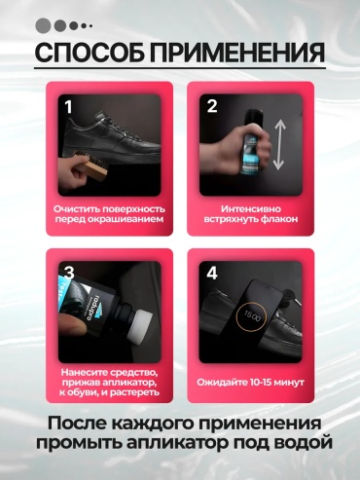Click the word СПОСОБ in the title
coord(90,52)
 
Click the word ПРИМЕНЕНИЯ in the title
coord(237,52)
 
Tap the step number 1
coord(68,107)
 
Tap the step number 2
coord(212,106)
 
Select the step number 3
coord(69,274)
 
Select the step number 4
coord(212,274)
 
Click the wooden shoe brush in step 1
coord(90,164)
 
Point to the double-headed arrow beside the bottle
coord(279,144)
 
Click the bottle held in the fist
coord(250,142)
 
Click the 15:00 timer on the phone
coord(252,315)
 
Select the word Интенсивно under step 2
coord(251,209)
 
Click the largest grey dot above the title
coord(43,25)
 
